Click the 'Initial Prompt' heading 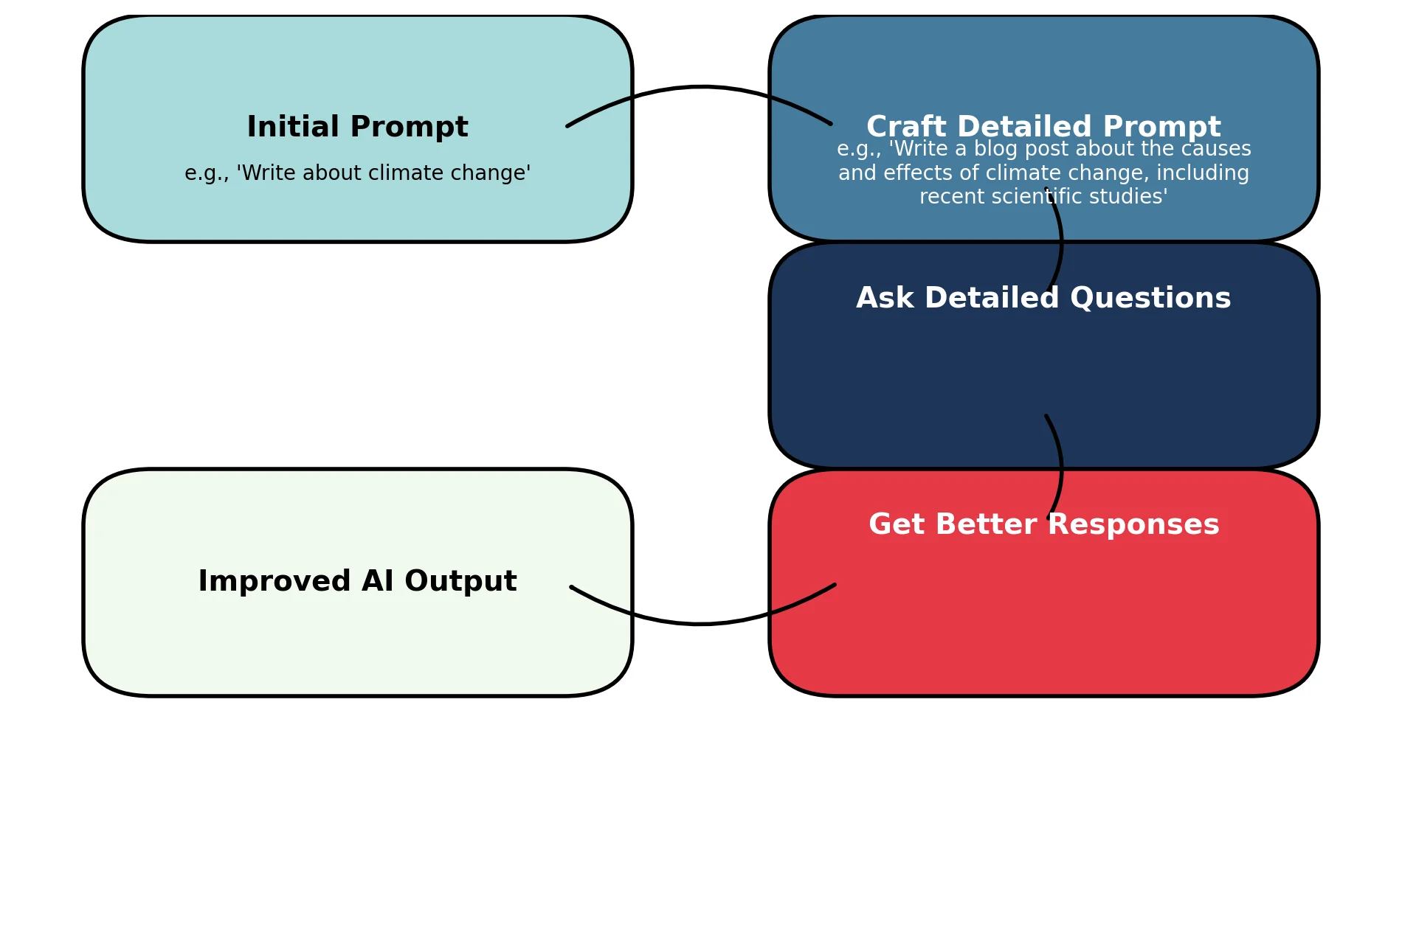[x=357, y=127]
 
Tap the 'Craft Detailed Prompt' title [x=1043, y=127]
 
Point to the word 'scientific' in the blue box [x=1044, y=197]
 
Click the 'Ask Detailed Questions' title [x=1043, y=298]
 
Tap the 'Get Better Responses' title [x=1043, y=524]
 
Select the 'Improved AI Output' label [x=357, y=581]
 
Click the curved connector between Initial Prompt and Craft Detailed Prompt [x=700, y=87]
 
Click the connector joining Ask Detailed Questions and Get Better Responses [x=1061, y=468]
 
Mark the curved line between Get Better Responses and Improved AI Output [x=700, y=624]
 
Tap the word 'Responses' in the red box [x=1133, y=524]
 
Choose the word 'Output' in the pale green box [x=460, y=581]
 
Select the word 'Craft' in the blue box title [x=905, y=127]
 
